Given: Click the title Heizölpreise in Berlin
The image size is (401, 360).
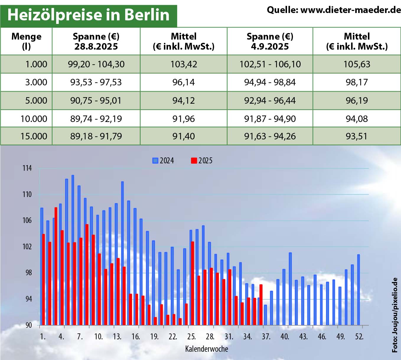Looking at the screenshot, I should pyautogui.click(x=88, y=15).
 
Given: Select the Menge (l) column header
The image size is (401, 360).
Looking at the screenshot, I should pyautogui.click(x=26, y=41).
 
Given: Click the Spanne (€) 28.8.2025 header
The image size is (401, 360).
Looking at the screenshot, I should pyautogui.click(x=96, y=41).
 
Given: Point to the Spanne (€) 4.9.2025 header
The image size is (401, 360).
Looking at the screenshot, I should pyautogui.click(x=270, y=41).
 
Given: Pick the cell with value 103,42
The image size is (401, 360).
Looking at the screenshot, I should pyautogui.click(x=183, y=64).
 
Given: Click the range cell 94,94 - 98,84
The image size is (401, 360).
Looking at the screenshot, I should pyautogui.click(x=270, y=82).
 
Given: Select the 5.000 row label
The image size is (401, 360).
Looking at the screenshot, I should pyautogui.click(x=36, y=100).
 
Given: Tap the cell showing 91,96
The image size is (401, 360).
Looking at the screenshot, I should pyautogui.click(x=183, y=119).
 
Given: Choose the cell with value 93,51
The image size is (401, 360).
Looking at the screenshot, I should pyautogui.click(x=356, y=136).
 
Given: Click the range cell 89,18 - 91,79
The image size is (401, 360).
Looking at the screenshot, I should pyautogui.click(x=96, y=136).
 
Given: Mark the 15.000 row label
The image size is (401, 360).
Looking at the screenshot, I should pyautogui.click(x=34, y=136).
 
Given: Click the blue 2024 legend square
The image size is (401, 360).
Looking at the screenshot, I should pyautogui.click(x=155, y=161).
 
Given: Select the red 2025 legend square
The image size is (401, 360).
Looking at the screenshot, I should pyautogui.click(x=194, y=161).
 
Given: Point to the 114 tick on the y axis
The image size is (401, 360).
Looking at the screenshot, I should pyautogui.click(x=27, y=168).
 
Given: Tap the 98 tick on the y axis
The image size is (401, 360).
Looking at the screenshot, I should pyautogui.click(x=28, y=273).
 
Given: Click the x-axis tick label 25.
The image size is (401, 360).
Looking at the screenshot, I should pyautogui.click(x=191, y=337).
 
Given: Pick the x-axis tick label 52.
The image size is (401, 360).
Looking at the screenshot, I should pyautogui.click(x=359, y=337).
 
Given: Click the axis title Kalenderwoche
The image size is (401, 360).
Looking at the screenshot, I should pyautogui.click(x=206, y=349).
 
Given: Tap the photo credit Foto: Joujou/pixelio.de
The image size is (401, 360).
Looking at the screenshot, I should pyautogui.click(x=395, y=315).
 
